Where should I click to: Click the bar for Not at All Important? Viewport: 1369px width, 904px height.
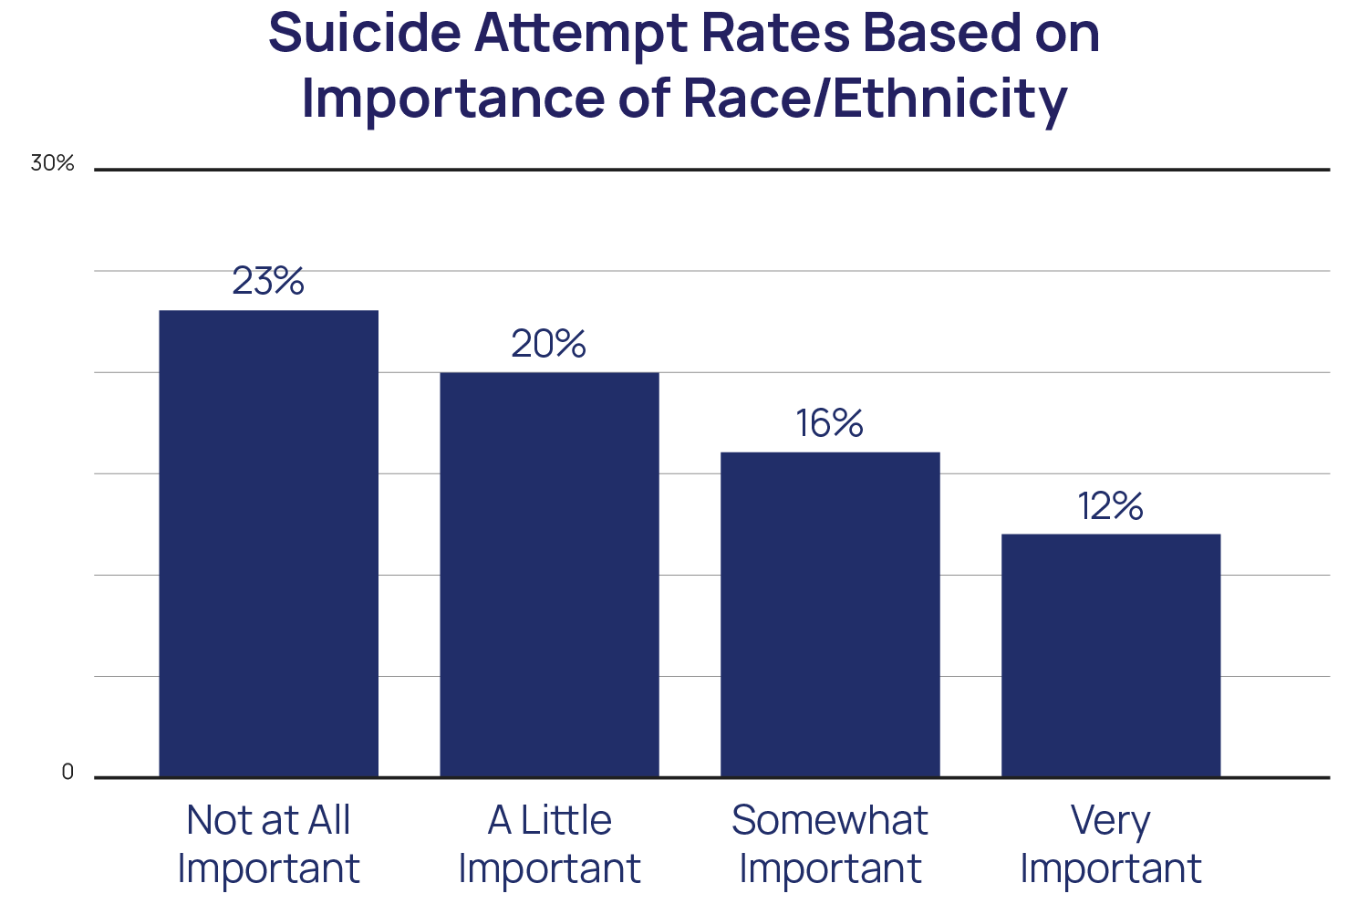[268, 544]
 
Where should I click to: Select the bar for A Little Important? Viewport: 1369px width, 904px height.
[549, 575]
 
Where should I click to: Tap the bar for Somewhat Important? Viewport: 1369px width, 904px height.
[830, 614]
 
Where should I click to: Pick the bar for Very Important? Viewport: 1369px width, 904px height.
[1111, 655]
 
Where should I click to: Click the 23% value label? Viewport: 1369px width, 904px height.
[268, 281]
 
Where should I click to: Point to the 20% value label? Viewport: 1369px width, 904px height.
[548, 344]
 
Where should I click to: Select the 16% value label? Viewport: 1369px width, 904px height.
[829, 423]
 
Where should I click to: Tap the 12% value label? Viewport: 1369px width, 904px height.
[1110, 506]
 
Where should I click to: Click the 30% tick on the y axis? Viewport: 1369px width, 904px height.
[52, 163]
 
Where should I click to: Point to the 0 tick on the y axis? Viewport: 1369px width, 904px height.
[67, 773]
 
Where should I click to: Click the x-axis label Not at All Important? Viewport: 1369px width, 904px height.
[268, 844]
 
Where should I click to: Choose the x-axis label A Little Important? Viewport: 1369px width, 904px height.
[549, 844]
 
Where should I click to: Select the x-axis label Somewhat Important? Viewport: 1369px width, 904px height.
[830, 844]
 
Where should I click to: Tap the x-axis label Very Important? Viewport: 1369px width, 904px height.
[1111, 844]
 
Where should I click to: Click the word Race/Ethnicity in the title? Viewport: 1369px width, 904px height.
[875, 99]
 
